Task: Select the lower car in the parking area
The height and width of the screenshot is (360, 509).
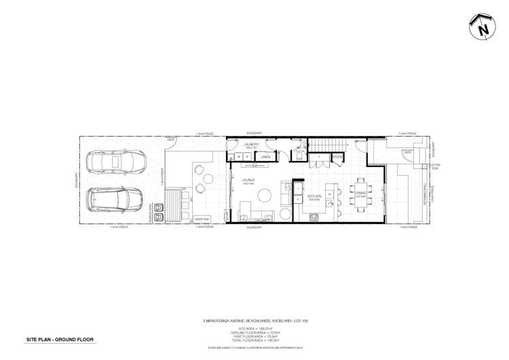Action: click(109, 199)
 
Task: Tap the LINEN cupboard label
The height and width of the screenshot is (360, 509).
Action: click(265, 158)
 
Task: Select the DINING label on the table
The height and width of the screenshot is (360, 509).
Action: click(360, 193)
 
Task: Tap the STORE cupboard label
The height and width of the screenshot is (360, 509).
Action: click(337, 158)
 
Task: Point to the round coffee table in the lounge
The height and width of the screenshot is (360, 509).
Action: click(264, 196)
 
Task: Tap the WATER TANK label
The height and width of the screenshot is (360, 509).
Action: click(201, 219)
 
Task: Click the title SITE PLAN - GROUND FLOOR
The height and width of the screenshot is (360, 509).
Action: click(60, 339)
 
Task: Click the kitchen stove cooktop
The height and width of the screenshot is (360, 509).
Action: click(314, 217)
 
